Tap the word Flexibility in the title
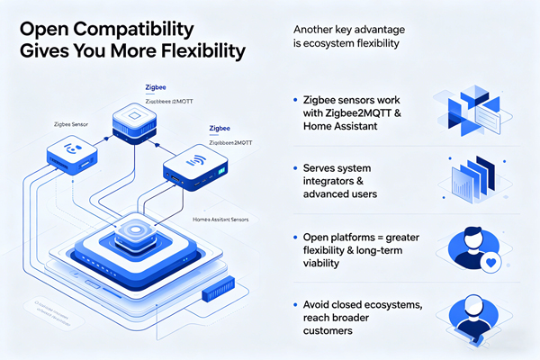pyautogui.click(x=191, y=50)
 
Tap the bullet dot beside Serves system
pyautogui.click(x=295, y=168)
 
